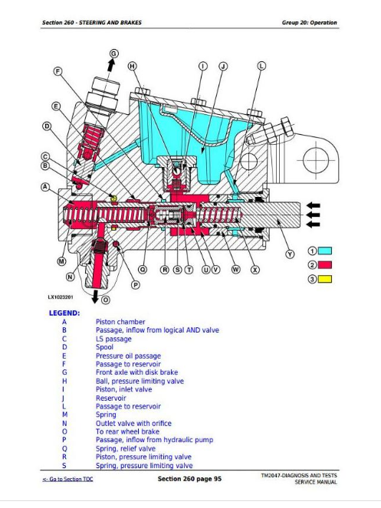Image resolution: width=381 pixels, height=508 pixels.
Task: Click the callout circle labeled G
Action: click(113, 53)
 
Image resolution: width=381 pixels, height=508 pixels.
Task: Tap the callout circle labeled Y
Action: click(290, 254)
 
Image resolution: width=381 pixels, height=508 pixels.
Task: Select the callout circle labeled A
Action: click(45, 185)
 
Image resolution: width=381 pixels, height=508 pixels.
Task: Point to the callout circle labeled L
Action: click(261, 67)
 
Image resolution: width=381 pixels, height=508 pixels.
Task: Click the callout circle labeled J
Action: click(222, 67)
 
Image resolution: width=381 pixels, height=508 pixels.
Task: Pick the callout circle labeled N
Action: click(70, 277)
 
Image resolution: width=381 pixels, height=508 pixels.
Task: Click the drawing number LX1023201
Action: click(63, 297)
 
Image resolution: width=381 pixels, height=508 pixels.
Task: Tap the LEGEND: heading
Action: click(65, 313)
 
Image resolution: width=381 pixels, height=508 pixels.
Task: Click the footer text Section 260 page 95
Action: click(189, 479)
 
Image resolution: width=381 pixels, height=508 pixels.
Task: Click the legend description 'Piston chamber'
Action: click(120, 322)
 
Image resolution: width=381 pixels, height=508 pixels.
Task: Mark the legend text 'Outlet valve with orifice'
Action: click(133, 423)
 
